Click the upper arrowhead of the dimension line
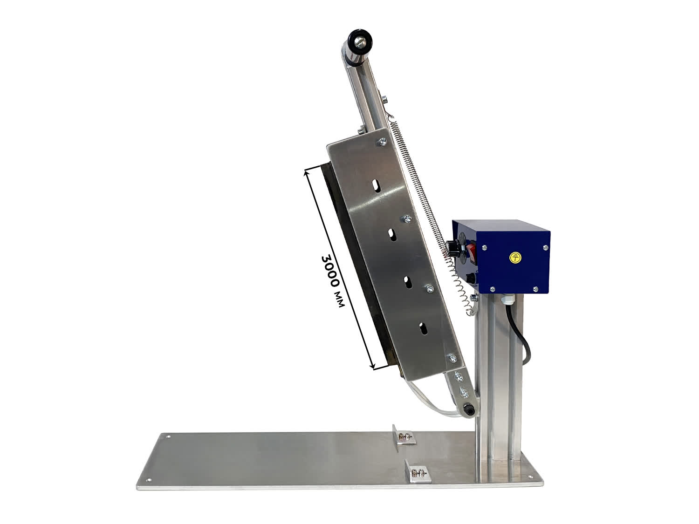click(x=307, y=174)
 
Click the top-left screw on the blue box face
click(x=484, y=247)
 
